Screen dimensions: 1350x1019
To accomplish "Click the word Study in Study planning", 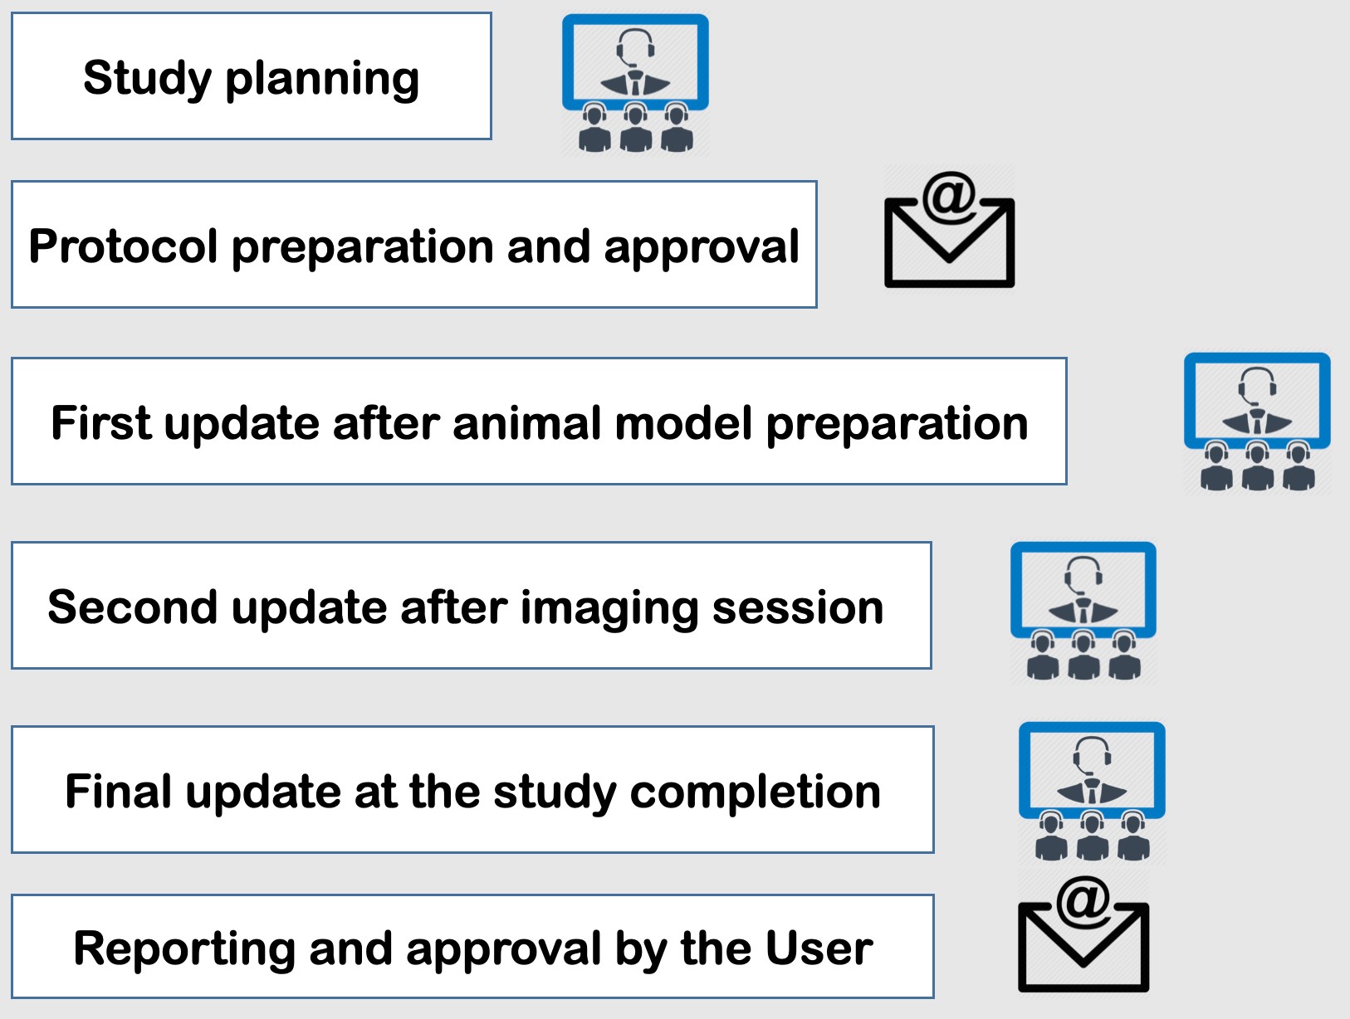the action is [x=147, y=79].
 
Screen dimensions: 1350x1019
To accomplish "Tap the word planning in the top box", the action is [x=322, y=80].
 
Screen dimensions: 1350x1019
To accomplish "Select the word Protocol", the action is [x=123, y=246].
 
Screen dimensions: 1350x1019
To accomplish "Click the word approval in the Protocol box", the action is [x=702, y=248].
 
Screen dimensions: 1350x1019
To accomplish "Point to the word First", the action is [x=100, y=423].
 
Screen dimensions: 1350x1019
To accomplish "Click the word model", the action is [x=684, y=423].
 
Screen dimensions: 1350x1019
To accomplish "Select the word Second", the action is [x=132, y=607].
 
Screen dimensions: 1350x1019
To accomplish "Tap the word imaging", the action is [x=609, y=609].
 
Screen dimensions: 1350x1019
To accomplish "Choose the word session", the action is [x=798, y=607].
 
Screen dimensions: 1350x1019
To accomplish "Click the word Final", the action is [x=118, y=791].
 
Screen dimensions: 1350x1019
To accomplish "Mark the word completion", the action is [x=756, y=792].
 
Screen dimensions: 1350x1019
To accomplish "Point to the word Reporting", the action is [x=184, y=949].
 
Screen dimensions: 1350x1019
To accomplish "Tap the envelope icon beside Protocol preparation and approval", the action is [x=949, y=230].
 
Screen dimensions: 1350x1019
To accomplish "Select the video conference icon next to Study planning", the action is [x=635, y=83].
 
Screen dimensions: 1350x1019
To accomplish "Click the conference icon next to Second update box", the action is [x=1083, y=611].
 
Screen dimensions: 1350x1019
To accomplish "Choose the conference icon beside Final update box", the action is [x=1092, y=792].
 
